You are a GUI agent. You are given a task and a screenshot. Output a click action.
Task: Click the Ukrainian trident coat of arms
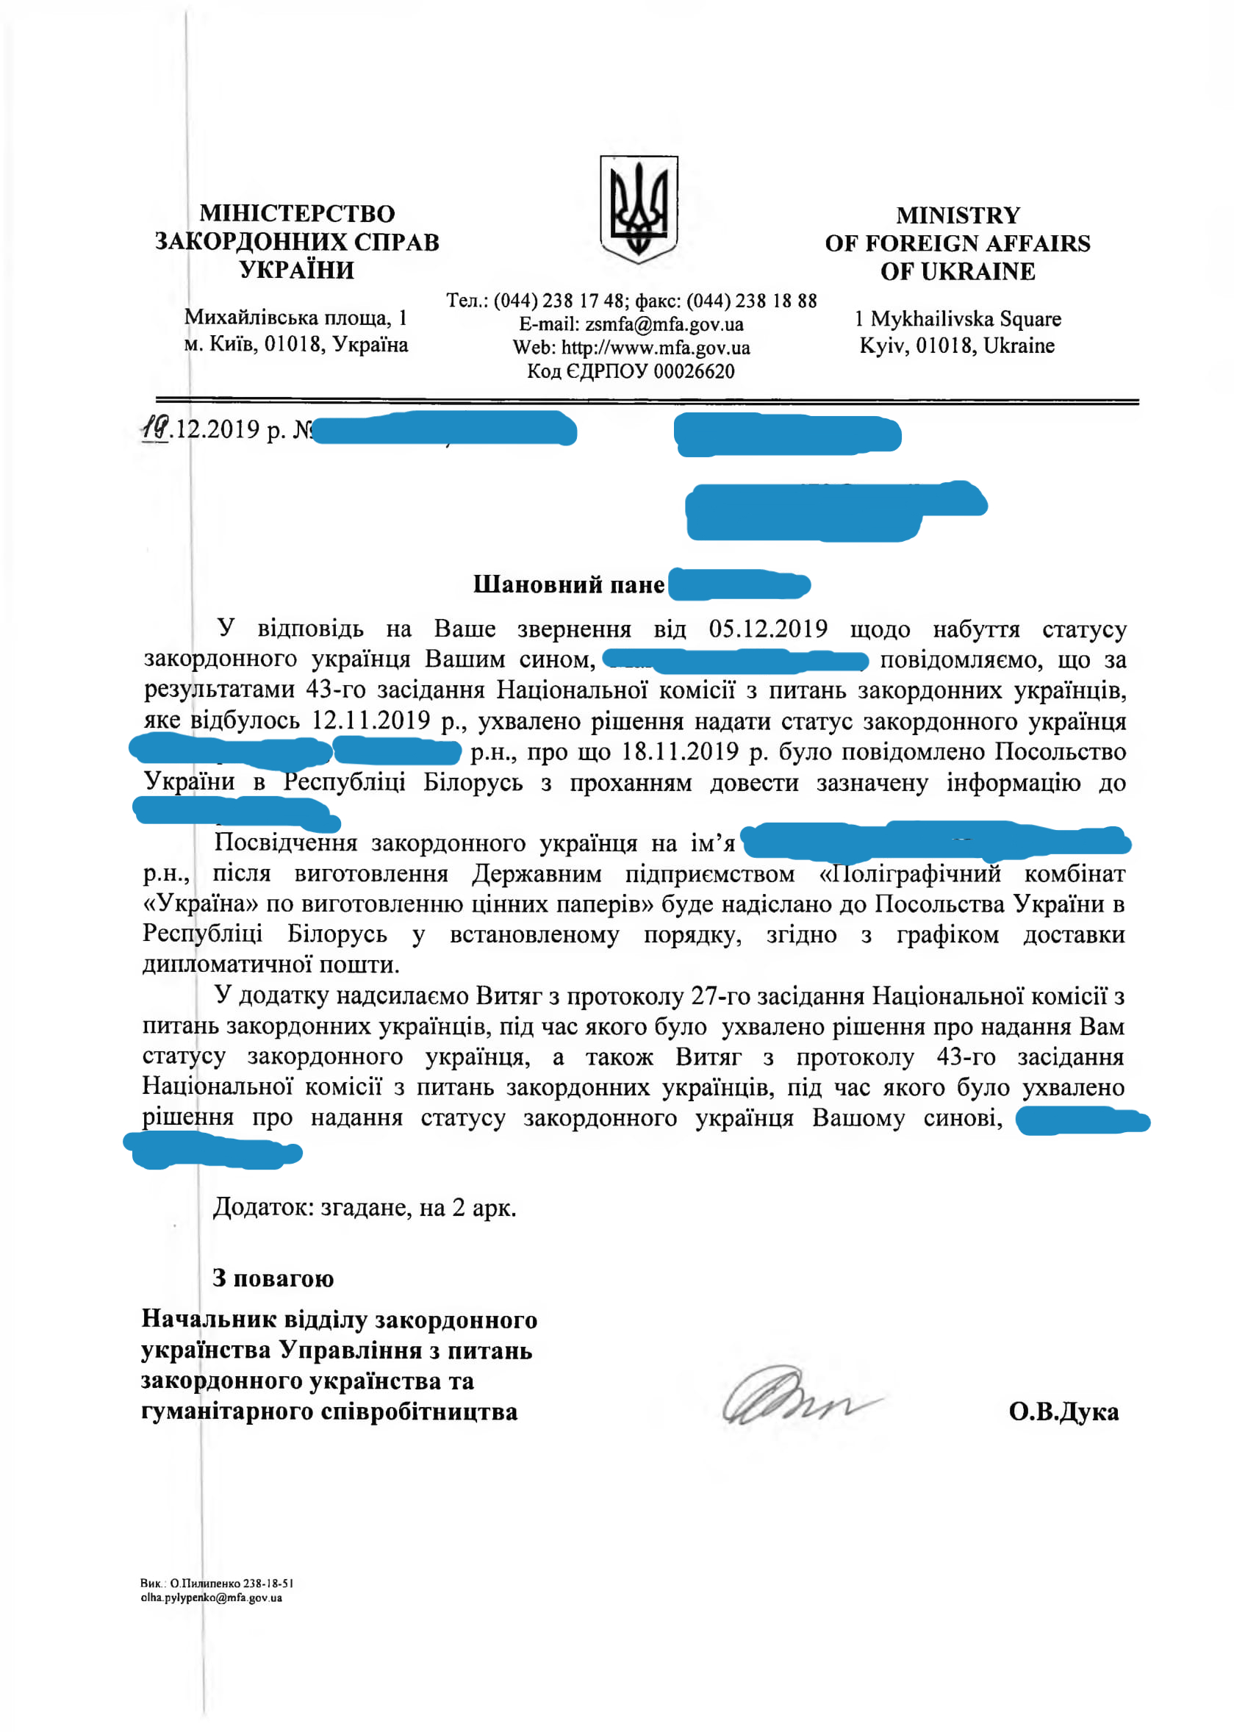click(x=638, y=208)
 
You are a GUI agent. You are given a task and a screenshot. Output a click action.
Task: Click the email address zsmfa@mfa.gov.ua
click(x=664, y=324)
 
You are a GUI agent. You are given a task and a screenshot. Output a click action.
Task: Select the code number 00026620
click(x=694, y=372)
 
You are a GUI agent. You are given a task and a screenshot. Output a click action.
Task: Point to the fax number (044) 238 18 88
click(x=750, y=301)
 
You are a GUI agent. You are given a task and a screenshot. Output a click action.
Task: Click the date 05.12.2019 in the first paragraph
click(x=767, y=629)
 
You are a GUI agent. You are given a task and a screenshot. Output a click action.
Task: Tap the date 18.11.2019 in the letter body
click(x=679, y=751)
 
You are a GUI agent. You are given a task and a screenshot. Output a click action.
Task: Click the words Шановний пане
click(x=568, y=584)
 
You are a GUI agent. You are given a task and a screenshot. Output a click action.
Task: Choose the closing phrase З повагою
click(x=273, y=1278)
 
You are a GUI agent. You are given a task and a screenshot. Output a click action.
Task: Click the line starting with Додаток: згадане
click(x=364, y=1208)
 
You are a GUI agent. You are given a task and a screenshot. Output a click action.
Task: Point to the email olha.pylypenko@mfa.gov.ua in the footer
click(x=211, y=1597)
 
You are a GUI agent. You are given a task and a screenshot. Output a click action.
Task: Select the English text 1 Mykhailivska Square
click(x=958, y=319)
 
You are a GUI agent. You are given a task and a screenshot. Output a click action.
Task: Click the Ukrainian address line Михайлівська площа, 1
click(x=295, y=318)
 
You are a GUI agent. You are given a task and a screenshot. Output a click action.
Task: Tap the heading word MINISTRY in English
click(x=958, y=216)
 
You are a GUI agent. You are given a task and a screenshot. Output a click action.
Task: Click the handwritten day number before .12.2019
click(x=155, y=429)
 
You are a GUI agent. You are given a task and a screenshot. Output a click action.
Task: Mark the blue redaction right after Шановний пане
click(x=739, y=584)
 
